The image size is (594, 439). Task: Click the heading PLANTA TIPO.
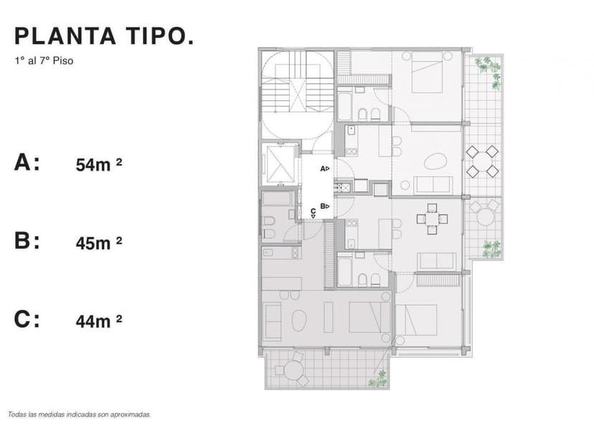click(x=104, y=37)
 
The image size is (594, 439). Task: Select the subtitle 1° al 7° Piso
click(x=43, y=61)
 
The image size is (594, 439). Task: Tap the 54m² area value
click(x=99, y=164)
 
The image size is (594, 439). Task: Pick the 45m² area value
click(x=99, y=242)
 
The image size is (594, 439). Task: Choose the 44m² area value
click(x=99, y=321)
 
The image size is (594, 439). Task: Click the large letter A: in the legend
click(x=27, y=163)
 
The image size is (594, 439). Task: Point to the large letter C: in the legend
click(x=27, y=319)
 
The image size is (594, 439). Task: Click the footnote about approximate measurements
click(x=80, y=414)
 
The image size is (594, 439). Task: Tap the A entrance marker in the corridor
click(x=324, y=169)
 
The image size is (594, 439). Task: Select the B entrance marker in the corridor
click(x=324, y=206)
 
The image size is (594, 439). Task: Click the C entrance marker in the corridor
click(x=313, y=212)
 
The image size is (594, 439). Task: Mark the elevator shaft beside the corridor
click(x=279, y=164)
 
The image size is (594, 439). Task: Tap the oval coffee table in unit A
click(x=435, y=162)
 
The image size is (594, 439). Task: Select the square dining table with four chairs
click(x=432, y=219)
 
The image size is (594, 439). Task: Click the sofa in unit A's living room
click(x=434, y=185)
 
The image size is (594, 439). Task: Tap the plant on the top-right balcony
click(x=489, y=68)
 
